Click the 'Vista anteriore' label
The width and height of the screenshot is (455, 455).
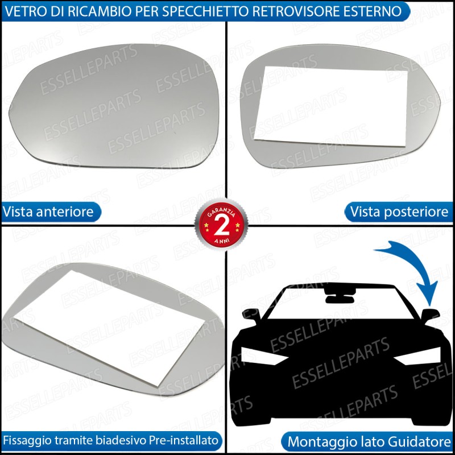coord(48,212)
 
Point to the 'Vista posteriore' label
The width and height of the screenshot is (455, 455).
coord(399,212)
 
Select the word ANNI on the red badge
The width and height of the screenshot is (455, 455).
coord(222,240)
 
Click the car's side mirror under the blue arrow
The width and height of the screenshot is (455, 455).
coord(431,315)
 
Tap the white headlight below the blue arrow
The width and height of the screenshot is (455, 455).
coord(418,356)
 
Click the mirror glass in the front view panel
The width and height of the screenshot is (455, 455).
coord(114,106)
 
